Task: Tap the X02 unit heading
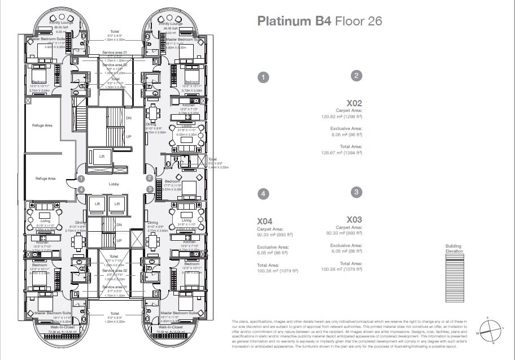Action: pos(354,103)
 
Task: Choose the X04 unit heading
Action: pos(265,221)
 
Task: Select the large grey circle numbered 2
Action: pos(356,75)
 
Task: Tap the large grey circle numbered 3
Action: pos(356,192)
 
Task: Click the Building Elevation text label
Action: pos(453,248)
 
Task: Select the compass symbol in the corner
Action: pos(490,329)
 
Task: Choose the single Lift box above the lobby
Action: pos(101,156)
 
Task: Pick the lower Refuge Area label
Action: pos(45,178)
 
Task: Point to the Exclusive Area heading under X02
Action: pos(346,129)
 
